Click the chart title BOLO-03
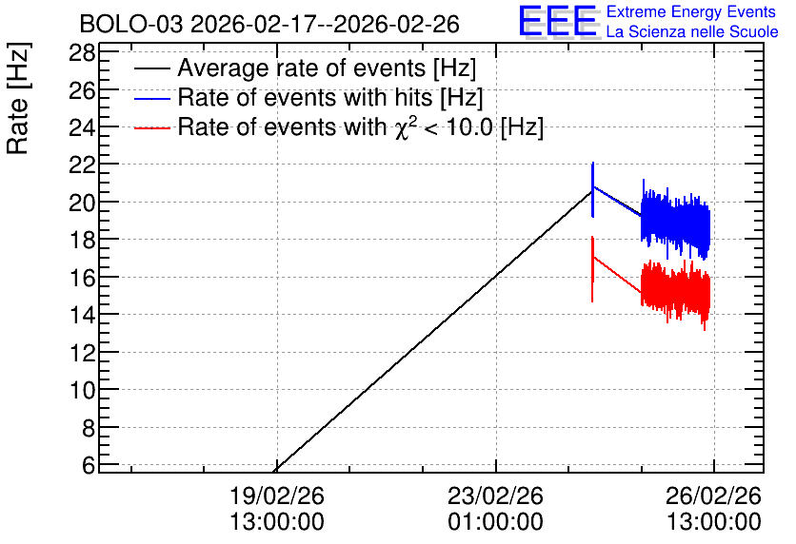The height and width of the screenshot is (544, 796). point(130,24)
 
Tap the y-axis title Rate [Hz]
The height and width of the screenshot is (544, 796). point(18,98)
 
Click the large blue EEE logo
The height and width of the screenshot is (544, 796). point(558,21)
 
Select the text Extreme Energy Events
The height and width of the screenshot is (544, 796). point(691,11)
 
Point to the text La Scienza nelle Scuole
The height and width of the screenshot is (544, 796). point(692,32)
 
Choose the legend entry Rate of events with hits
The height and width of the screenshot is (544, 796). point(330,97)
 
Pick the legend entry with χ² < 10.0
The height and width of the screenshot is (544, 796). point(361,126)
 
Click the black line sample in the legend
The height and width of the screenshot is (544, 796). point(151,68)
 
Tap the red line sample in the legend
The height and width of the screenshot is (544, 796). point(151,128)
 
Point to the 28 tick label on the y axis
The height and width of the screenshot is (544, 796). point(82,52)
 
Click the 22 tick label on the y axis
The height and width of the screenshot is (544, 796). point(82,165)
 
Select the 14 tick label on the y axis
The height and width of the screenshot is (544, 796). point(82,315)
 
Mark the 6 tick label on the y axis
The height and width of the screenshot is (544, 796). point(89,465)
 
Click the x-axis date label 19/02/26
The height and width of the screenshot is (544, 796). point(277,495)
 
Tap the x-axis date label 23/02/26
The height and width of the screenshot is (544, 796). point(495,495)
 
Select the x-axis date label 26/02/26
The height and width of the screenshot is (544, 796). point(714,495)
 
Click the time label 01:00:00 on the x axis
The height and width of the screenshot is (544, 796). point(495,522)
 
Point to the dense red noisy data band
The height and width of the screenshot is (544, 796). point(675,292)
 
